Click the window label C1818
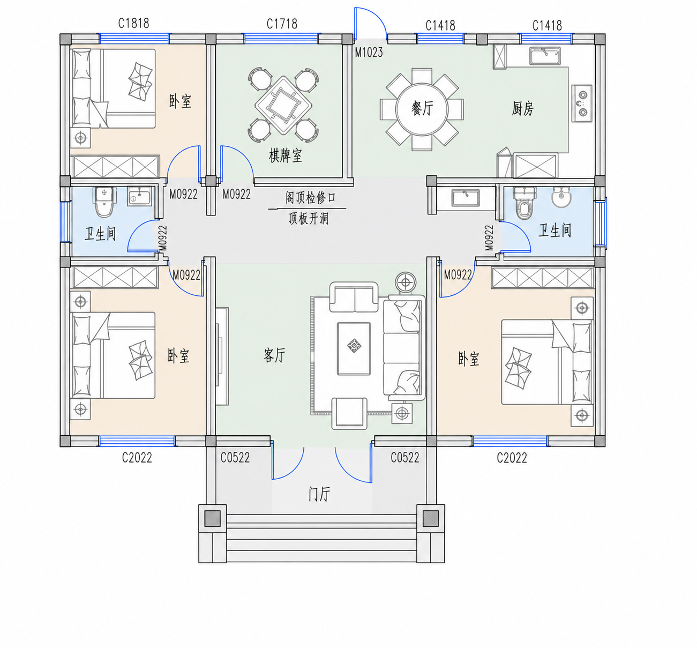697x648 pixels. point(134,24)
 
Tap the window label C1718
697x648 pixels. point(282,24)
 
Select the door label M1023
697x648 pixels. point(369,53)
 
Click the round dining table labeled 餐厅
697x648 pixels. point(422,109)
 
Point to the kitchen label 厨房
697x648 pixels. point(522,108)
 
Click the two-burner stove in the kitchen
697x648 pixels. point(582,103)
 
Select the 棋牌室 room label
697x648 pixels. point(286,155)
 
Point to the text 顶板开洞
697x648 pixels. point(309,219)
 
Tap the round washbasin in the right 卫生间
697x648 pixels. point(561,197)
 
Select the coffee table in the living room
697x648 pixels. point(354,349)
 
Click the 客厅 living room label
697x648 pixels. point(274,355)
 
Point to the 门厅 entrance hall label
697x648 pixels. point(319,494)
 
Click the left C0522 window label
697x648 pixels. point(235,458)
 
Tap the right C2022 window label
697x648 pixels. point(512,458)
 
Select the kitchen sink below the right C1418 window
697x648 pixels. point(545,56)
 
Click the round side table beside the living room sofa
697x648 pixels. point(406,282)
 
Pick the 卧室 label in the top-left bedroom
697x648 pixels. point(180,101)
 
